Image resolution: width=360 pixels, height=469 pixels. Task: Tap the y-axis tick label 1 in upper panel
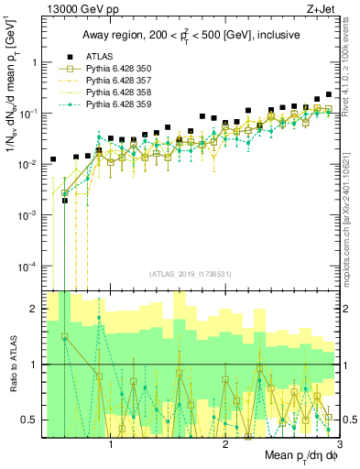click(34, 62)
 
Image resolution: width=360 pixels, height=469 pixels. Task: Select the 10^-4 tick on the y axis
click(28, 266)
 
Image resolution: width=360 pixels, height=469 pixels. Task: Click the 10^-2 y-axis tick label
click(28, 164)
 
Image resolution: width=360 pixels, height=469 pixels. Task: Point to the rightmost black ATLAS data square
click(329, 94)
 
